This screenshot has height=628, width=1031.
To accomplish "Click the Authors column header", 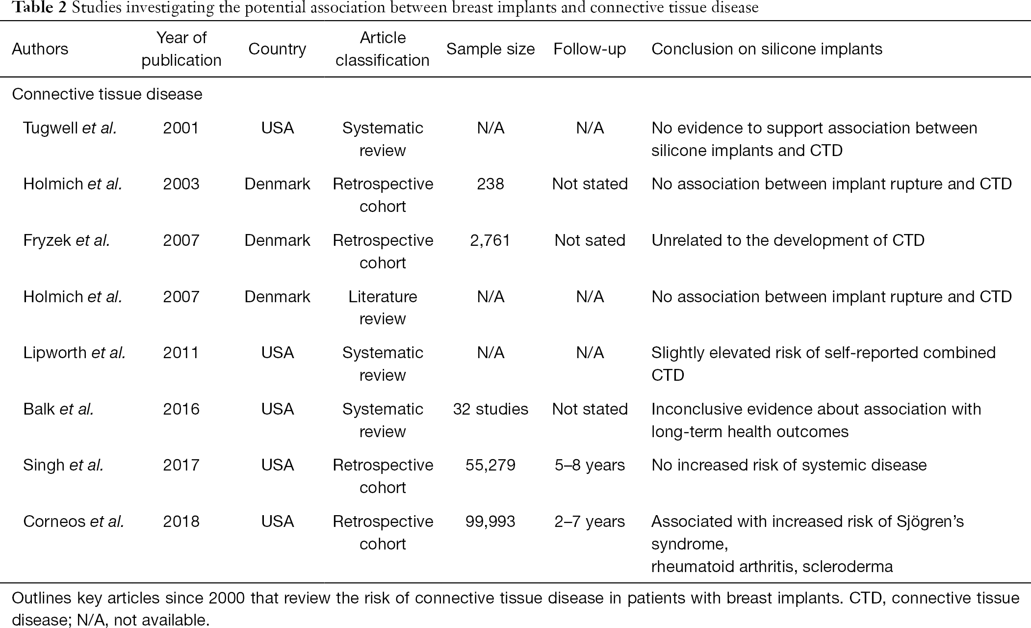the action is click(40, 49).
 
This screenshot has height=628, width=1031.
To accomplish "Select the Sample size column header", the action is click(490, 49).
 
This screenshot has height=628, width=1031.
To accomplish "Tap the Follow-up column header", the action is click(590, 49).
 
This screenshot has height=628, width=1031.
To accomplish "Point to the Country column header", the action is click(277, 49).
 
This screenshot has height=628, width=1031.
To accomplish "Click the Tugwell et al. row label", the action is click(70, 128).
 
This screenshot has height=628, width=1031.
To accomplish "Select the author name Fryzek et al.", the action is click(66, 240).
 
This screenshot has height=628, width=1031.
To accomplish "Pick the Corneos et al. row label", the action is click(74, 522).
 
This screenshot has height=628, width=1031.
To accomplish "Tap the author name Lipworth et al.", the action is click(74, 353).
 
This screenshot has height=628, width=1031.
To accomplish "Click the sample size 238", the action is click(490, 184).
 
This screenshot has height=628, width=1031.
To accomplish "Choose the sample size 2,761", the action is click(490, 240).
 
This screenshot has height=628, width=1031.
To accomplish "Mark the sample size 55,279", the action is click(490, 465).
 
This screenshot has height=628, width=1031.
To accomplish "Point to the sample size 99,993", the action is click(490, 522).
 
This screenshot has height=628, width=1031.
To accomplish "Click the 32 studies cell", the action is click(490, 409).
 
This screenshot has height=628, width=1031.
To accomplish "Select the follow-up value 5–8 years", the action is click(590, 465).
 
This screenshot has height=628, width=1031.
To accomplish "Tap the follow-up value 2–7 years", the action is click(590, 522).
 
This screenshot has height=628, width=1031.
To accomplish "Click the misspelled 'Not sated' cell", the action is click(590, 240).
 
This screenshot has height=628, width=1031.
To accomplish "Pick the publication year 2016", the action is click(181, 409).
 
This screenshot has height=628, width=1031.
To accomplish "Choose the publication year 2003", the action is click(181, 184).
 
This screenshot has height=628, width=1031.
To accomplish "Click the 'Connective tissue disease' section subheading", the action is click(107, 94).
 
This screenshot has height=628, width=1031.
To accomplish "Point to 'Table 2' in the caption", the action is click(33, 8).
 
